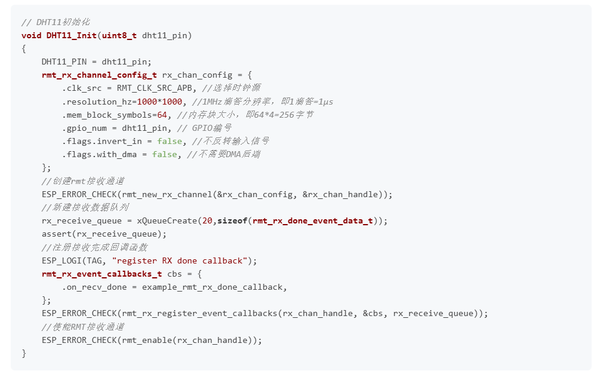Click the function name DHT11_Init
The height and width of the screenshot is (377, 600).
[72, 35]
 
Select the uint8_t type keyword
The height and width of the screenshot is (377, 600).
[119, 35]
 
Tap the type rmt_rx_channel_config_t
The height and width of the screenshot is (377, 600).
[99, 75]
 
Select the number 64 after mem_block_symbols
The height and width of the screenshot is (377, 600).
[162, 115]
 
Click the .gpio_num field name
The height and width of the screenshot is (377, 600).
[84, 128]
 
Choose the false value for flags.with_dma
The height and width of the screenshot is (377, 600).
[164, 154]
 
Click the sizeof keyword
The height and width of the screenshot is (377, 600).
[232, 220]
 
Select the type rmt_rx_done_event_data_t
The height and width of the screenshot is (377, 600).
[313, 220]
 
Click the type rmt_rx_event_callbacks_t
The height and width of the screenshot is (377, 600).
[101, 274]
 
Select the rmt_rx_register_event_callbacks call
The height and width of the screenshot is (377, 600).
[200, 313]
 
